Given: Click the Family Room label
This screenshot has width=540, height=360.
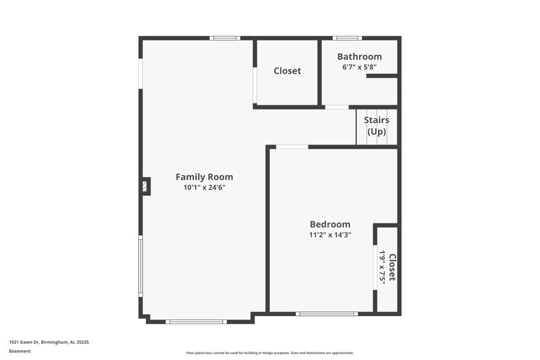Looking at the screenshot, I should [x=204, y=177].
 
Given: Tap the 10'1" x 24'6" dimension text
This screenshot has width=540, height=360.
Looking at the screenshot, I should [x=204, y=188].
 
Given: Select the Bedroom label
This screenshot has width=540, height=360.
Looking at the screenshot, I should [x=330, y=224].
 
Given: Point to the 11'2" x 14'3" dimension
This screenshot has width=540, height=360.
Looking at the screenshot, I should [x=330, y=235].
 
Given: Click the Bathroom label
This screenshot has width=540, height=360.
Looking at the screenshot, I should [x=359, y=57].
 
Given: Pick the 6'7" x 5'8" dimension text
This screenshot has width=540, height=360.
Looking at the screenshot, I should [x=359, y=67].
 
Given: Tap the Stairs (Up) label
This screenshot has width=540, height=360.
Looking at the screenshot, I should [x=377, y=126].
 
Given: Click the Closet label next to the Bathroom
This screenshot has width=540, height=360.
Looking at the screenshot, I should [x=287, y=71].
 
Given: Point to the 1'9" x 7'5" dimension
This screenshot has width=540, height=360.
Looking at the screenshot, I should [x=382, y=267].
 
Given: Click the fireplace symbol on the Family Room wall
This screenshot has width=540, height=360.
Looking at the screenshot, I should [x=145, y=186].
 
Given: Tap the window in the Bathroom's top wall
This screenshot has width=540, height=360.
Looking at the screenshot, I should [x=348, y=38].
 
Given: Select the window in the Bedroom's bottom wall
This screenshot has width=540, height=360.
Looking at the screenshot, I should [x=327, y=313].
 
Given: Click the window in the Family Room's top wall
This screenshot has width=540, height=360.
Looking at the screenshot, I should [x=224, y=38].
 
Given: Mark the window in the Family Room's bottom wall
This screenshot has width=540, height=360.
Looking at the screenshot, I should [x=196, y=322].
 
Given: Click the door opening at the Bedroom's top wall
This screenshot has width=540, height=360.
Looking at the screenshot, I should [x=292, y=147].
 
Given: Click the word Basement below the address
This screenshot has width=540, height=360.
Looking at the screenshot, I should [x=19, y=351].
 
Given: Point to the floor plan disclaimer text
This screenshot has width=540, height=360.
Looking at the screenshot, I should [x=269, y=353].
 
